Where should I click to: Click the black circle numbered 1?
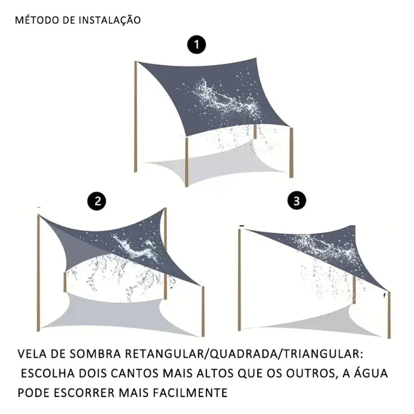click(196, 46)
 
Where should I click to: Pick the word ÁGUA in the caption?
click(369, 374)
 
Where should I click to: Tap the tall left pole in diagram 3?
click(240, 279)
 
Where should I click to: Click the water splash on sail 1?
click(228, 98)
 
